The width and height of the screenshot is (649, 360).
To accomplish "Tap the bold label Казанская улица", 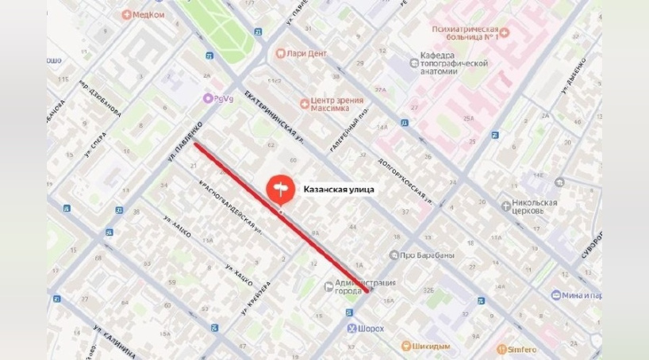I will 339,190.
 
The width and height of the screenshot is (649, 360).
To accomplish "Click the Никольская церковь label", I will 536,207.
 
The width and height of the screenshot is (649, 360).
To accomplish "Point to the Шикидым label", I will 432,347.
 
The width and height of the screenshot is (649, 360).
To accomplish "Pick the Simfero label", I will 522,349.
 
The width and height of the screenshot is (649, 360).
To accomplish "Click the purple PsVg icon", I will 208,98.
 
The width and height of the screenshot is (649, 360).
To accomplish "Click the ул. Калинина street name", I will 116,339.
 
